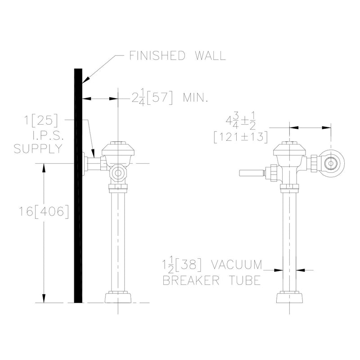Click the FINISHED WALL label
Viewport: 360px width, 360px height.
177,55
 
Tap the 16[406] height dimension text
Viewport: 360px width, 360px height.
44,211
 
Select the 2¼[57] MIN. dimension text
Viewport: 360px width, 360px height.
170,98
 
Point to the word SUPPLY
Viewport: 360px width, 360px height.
38,148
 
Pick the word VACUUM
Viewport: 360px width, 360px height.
237,265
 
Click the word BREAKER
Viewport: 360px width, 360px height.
191,280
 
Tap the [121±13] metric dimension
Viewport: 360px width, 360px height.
241,137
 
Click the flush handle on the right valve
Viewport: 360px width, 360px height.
252,173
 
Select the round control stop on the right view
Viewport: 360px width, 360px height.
331,163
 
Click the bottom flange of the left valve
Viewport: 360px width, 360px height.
118,297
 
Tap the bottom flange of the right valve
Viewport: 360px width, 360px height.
289,297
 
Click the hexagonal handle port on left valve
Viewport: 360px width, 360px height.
118,173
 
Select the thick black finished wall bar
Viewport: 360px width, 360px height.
78,185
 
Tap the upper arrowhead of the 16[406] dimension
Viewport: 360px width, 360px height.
44,167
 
